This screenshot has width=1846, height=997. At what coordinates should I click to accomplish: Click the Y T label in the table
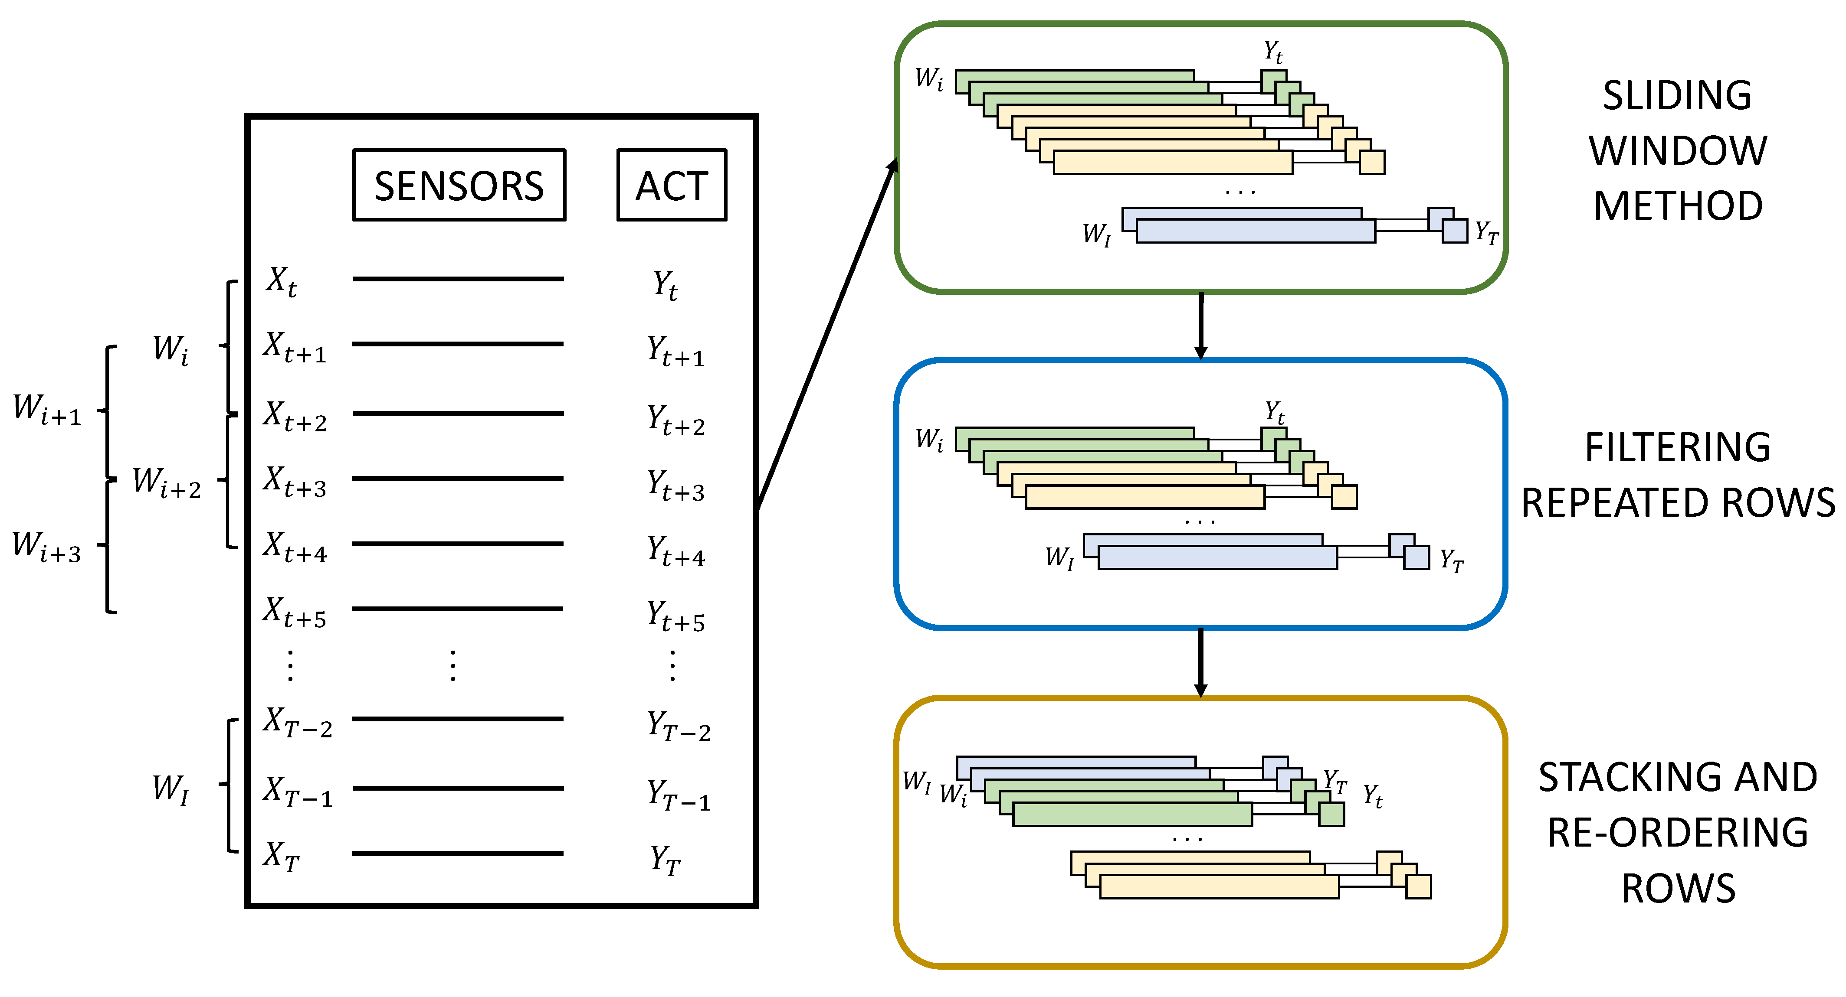[x=664, y=860]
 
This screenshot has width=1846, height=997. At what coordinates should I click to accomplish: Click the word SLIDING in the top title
[x=1677, y=95]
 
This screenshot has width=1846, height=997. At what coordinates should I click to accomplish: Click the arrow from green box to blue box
[x=1201, y=326]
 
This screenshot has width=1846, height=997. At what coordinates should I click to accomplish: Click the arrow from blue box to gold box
[x=1201, y=662]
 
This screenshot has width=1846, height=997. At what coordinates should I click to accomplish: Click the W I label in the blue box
[x=1059, y=557]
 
